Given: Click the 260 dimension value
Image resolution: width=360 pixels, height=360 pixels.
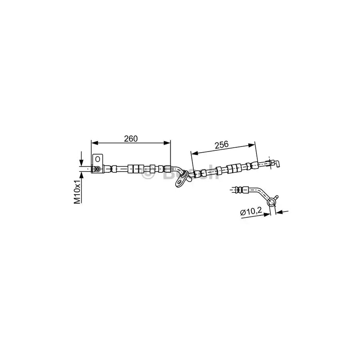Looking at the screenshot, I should coord(130,138).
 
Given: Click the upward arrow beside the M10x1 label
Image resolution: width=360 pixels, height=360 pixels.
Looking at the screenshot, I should coord(81,176).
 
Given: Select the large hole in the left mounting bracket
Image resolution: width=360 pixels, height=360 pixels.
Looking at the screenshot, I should coord(97,159).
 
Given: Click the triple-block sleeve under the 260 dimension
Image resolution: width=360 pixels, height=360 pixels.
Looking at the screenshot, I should coord(136,168).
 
